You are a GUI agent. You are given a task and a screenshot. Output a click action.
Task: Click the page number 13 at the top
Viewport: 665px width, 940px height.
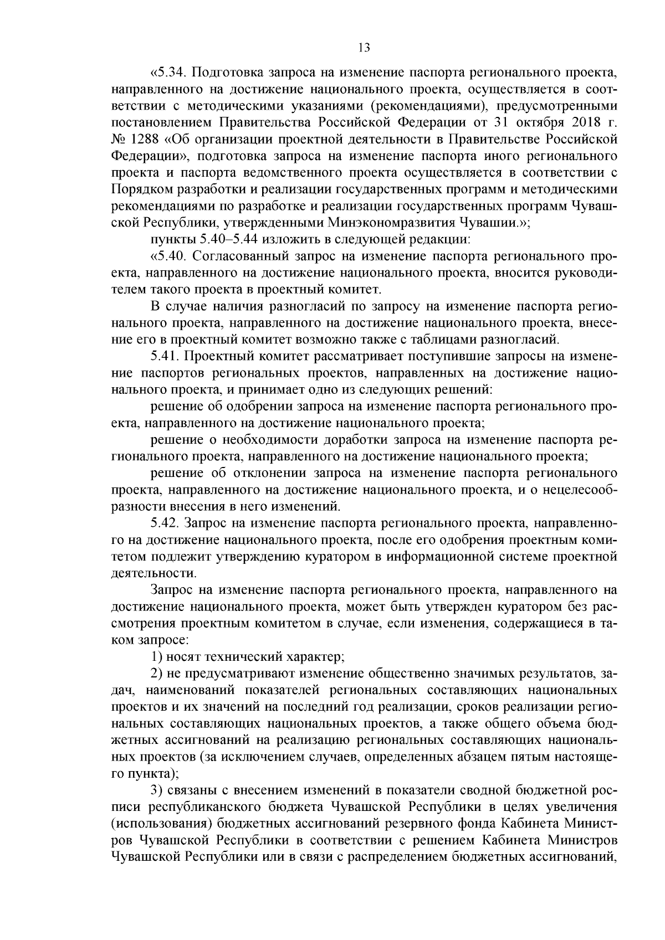[x=364, y=48]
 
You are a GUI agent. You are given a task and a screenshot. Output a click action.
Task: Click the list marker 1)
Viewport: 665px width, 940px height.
[x=158, y=658]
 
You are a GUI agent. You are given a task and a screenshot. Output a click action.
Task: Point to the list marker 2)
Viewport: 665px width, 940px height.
[x=158, y=674]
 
